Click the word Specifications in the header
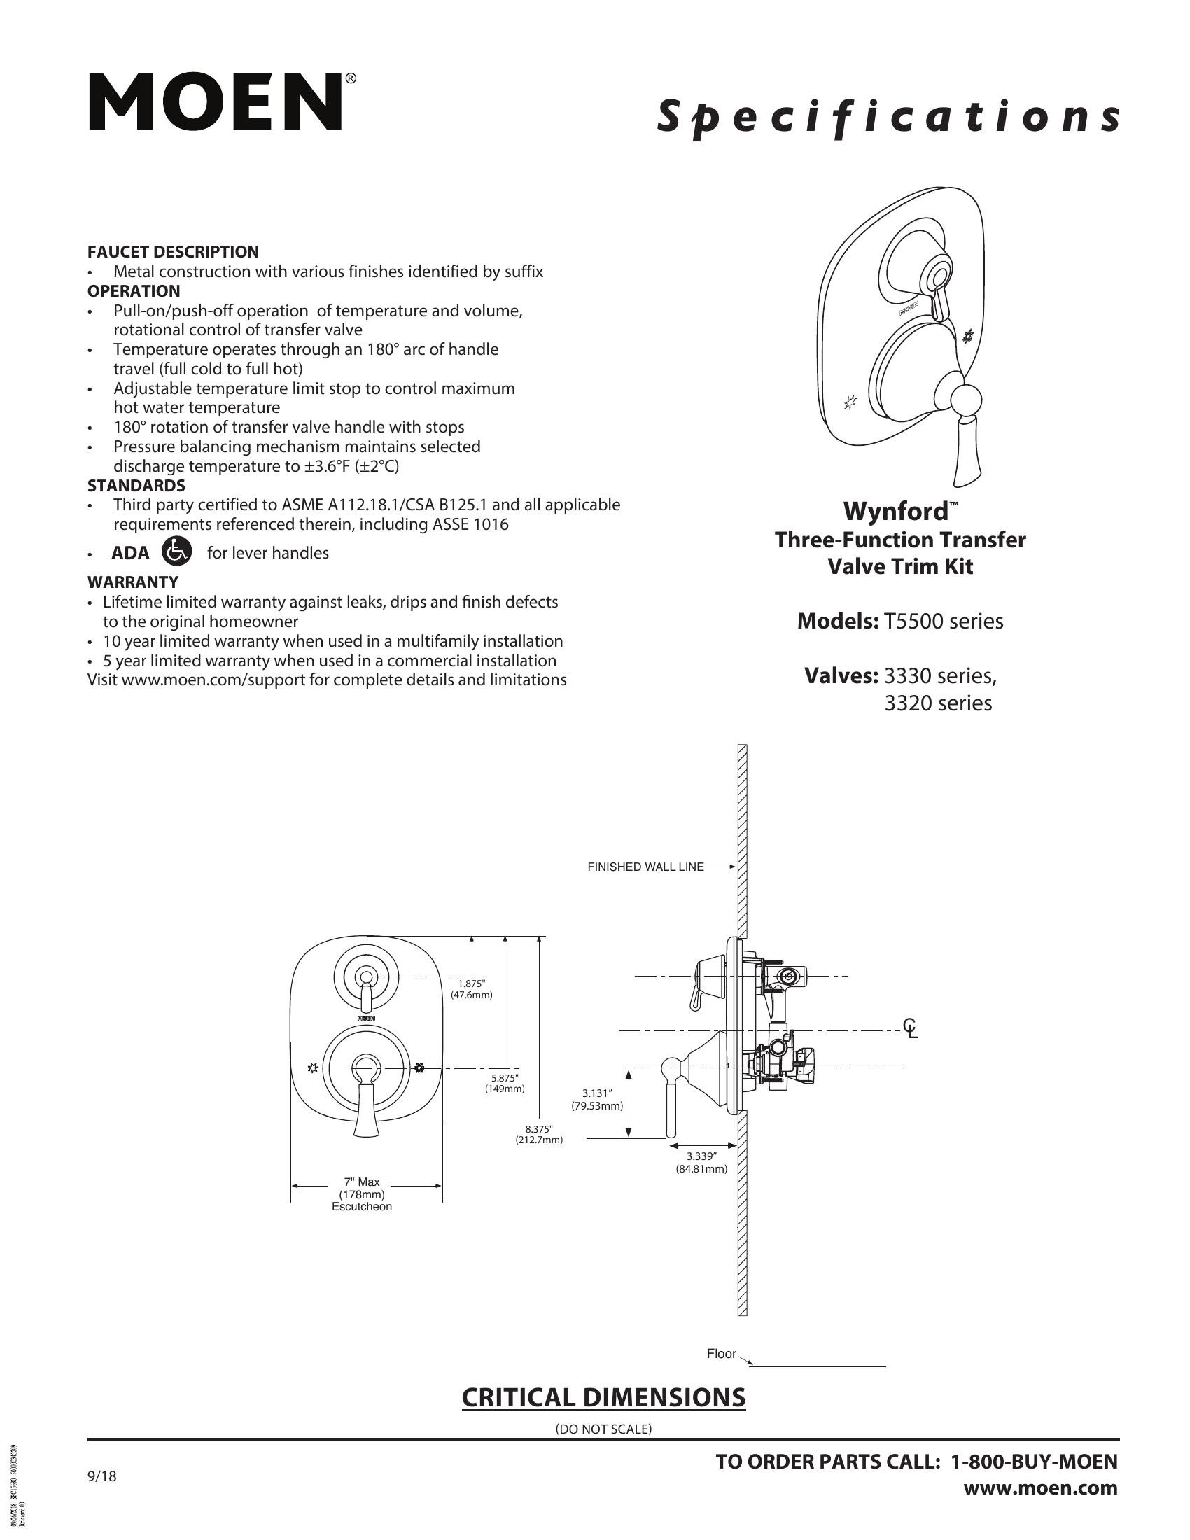(887, 117)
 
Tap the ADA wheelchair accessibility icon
(176, 552)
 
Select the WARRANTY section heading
(132, 582)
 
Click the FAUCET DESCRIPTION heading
(173, 252)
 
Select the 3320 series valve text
(937, 703)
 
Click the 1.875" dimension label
(471, 988)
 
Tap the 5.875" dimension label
(504, 1083)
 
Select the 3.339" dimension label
(701, 1162)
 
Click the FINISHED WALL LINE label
(645, 867)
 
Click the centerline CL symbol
(911, 1029)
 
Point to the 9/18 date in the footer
(101, 1476)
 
